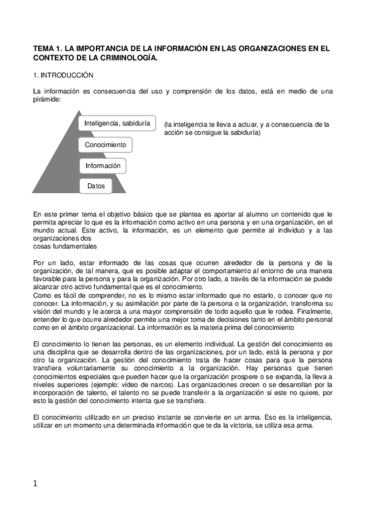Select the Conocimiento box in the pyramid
(x=105, y=145)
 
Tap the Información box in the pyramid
(x=103, y=166)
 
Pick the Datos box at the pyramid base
(x=96, y=186)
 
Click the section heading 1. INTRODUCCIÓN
(x=63, y=75)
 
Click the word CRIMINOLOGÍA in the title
(x=128, y=57)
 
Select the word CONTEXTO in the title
(x=54, y=57)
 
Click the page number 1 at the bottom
(x=35, y=484)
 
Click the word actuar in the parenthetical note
(x=249, y=125)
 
